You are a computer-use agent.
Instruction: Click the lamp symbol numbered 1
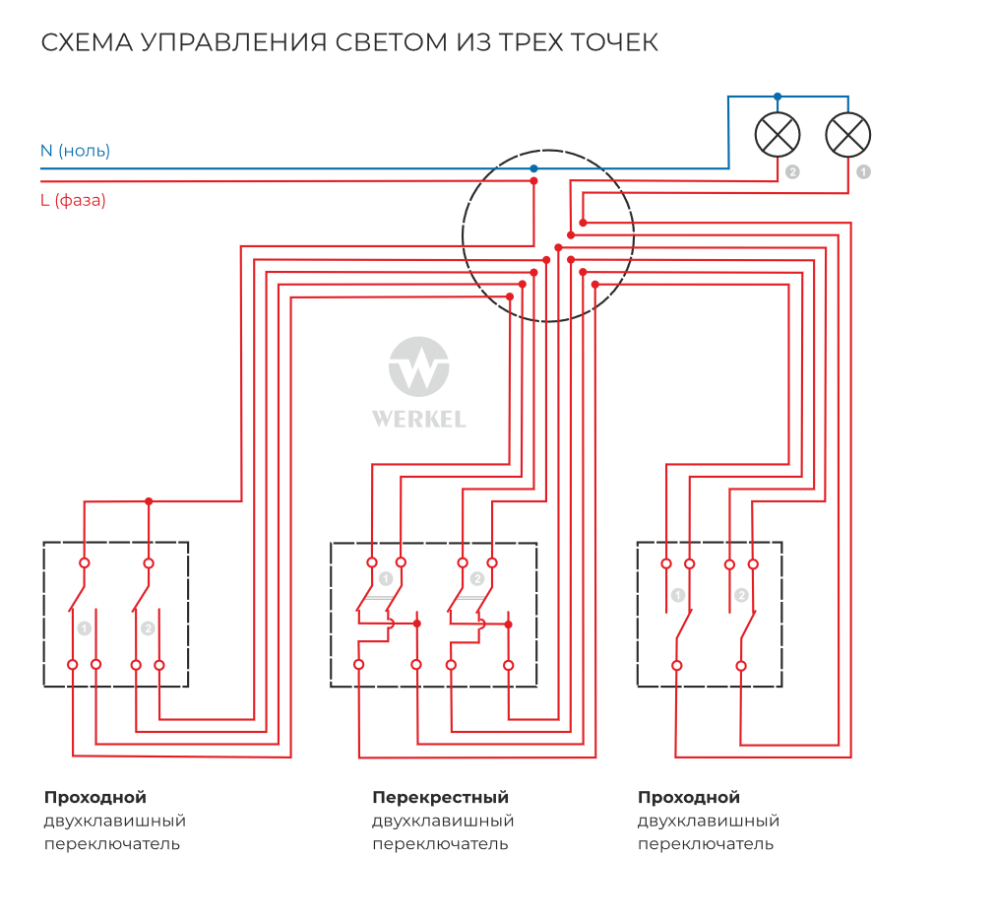coord(847,135)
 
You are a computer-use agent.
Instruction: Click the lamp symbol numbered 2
coord(778,135)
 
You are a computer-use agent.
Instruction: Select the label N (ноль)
coord(75,151)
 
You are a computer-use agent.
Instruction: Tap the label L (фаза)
coord(73,200)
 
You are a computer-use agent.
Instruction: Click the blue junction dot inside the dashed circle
coord(533,168)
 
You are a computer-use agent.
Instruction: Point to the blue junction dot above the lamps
coord(778,97)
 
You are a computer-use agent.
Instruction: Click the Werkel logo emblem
coord(419,367)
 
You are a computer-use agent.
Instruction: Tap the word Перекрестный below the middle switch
coord(440,797)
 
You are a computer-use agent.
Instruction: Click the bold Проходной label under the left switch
coord(94,797)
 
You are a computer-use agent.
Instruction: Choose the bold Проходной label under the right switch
coord(688,797)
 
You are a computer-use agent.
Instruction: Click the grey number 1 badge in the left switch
coord(85,627)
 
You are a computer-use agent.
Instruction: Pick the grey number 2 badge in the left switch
coord(148,627)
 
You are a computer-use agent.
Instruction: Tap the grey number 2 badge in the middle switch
coord(477,579)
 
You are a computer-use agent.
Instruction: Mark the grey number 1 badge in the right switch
coord(678,595)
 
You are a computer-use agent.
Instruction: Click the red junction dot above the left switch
coord(149,501)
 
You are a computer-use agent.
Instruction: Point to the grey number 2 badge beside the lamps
coord(792,171)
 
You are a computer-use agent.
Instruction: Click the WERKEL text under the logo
coord(419,419)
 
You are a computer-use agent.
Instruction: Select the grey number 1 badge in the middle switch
coord(386,579)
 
